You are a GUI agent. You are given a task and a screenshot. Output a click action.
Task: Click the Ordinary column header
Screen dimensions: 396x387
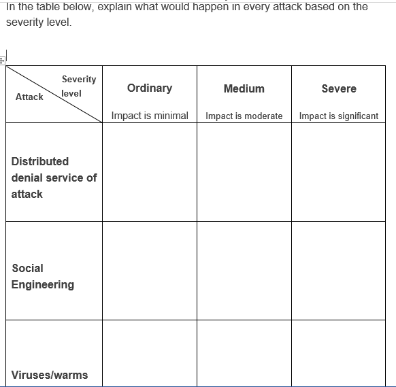click(150, 88)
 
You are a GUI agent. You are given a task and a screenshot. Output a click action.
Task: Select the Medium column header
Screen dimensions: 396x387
click(244, 88)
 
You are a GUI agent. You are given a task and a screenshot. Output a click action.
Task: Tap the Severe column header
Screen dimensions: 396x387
click(338, 88)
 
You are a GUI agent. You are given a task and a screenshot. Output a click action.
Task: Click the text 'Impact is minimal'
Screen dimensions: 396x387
click(150, 116)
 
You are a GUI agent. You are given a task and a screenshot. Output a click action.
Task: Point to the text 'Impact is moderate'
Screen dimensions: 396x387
click(244, 116)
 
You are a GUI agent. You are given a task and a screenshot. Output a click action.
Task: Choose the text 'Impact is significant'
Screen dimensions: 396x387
click(338, 116)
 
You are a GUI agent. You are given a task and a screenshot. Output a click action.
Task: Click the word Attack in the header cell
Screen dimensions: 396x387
click(29, 97)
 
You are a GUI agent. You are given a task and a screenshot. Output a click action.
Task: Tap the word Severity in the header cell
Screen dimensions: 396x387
click(79, 79)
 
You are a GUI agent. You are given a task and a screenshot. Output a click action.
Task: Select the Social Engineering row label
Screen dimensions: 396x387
click(43, 276)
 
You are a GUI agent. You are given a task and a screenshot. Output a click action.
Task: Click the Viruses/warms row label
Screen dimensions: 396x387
click(50, 375)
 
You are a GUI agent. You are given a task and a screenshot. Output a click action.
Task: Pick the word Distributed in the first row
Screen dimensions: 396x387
click(40, 161)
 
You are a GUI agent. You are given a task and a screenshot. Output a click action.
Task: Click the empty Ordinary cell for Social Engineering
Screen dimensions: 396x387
click(150, 270)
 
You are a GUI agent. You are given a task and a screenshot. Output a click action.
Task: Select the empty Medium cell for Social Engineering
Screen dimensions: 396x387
click(244, 270)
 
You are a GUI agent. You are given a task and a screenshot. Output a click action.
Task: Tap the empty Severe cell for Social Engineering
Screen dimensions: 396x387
click(338, 270)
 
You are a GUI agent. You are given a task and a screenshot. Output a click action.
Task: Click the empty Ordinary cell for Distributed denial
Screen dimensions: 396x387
click(150, 171)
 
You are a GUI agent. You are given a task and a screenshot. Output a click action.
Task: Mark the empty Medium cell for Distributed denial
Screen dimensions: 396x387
click(244, 171)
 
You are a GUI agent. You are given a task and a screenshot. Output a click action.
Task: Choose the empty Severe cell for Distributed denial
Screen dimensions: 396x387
click(338, 171)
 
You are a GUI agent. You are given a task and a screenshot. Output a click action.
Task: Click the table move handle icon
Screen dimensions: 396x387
click(2, 61)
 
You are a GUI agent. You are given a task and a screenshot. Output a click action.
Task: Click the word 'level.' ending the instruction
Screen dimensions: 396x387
click(56, 22)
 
